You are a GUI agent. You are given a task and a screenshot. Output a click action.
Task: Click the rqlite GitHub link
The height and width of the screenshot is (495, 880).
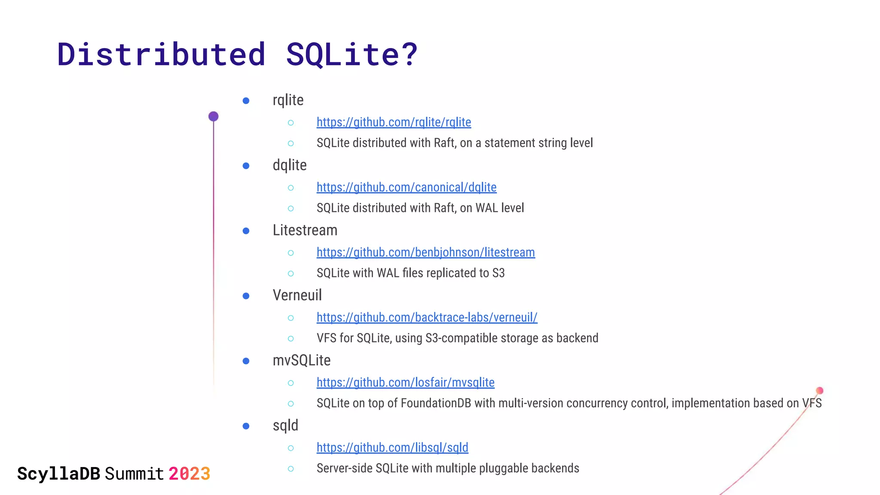[x=394, y=122]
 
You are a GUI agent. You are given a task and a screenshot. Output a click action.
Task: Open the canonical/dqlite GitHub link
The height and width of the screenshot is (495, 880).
[x=406, y=187]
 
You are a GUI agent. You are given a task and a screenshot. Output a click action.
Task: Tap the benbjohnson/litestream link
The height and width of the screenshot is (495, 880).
[x=425, y=253]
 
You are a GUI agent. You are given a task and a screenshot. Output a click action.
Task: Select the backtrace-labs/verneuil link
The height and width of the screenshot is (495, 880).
[x=427, y=318]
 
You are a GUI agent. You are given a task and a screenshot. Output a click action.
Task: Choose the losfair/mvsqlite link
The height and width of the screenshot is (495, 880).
[x=405, y=382]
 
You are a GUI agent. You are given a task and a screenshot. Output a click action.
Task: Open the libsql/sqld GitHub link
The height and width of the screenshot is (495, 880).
[x=392, y=448]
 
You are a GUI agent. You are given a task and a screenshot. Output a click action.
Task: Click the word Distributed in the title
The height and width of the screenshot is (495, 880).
[x=161, y=55]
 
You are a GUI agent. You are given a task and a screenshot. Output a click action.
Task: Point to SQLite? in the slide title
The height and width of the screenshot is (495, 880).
[x=351, y=55]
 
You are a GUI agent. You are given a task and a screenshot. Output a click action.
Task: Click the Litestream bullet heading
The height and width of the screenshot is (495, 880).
[x=305, y=230]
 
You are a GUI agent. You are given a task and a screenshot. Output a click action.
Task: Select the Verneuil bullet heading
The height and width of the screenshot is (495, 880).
[x=297, y=295]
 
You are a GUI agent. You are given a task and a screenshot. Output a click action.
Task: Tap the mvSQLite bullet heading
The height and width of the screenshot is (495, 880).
[x=301, y=361]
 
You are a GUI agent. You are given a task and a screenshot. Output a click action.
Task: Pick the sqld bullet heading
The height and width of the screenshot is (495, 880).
[x=285, y=425]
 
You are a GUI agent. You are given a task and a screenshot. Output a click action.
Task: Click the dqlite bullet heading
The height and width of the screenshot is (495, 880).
[x=290, y=165]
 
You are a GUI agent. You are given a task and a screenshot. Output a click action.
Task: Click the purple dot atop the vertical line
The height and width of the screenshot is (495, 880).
[x=214, y=116]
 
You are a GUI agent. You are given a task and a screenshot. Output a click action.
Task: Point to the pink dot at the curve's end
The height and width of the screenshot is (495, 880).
[x=819, y=391]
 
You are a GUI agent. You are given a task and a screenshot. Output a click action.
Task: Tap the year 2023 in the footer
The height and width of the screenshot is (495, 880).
[x=189, y=474]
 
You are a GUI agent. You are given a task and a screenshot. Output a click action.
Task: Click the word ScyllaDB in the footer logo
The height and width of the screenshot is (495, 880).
[x=58, y=474]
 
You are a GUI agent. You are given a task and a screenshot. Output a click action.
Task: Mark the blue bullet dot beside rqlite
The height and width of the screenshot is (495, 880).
[x=246, y=101]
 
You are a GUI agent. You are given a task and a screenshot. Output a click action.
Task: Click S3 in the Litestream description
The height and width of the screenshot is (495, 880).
[x=498, y=273]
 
